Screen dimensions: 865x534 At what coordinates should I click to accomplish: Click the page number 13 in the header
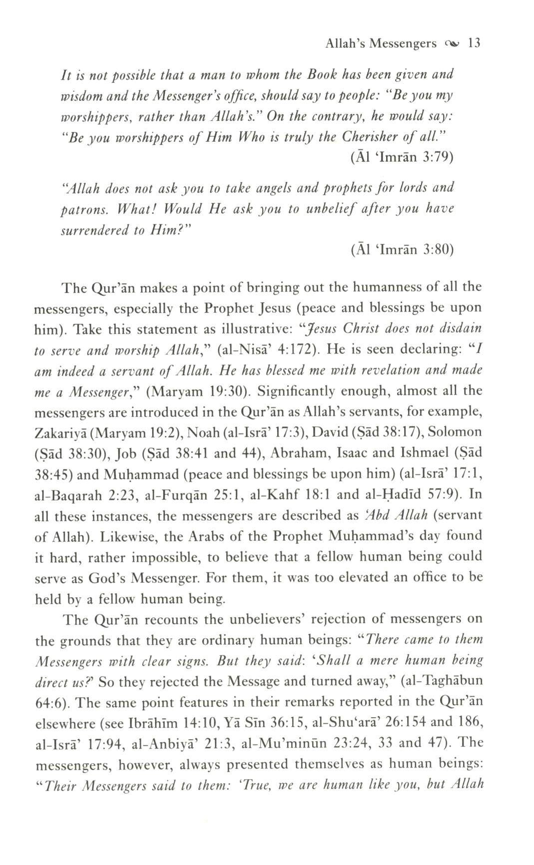click(474, 43)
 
